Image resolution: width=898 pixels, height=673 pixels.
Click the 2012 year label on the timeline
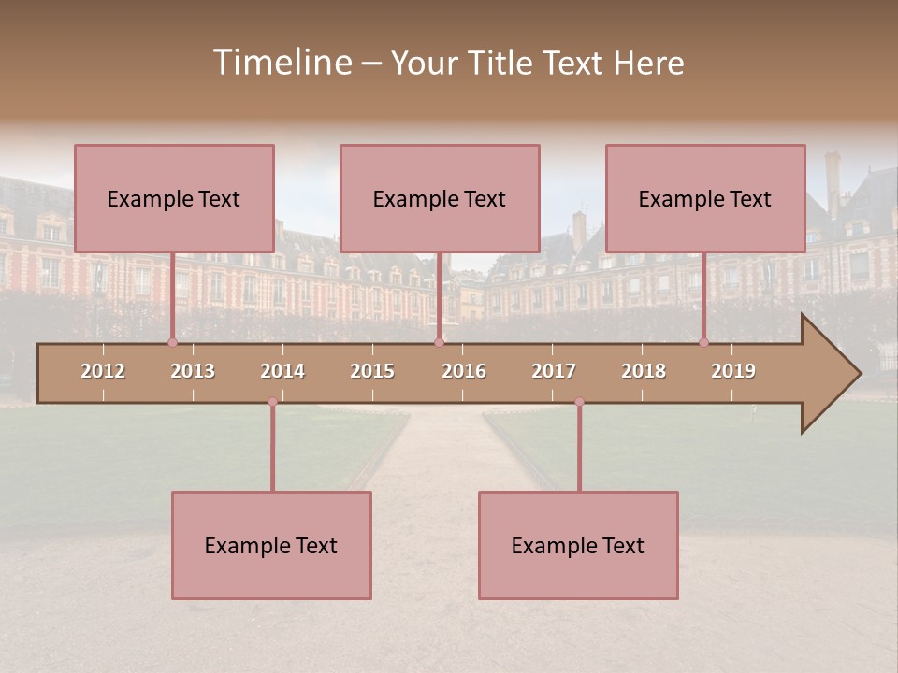(x=103, y=371)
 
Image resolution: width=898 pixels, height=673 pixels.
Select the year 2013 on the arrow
(x=193, y=371)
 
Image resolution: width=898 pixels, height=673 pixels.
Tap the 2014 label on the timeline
(x=282, y=371)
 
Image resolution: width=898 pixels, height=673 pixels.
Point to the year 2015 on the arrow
(x=372, y=371)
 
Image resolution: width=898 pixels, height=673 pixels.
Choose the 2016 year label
(x=464, y=371)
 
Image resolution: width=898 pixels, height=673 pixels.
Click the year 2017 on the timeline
(x=554, y=371)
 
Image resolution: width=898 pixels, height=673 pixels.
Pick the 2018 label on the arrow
(x=644, y=371)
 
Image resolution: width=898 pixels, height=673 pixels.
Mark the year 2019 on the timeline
(x=733, y=371)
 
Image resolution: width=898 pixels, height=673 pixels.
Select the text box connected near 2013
(x=174, y=198)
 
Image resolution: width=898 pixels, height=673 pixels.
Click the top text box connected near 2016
(x=440, y=198)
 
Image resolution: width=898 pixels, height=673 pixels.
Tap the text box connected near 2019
(x=705, y=198)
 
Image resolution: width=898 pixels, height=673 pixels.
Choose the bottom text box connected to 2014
(x=271, y=545)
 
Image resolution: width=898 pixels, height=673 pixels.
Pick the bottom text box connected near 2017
(x=578, y=545)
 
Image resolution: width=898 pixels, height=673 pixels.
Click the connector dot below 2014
(x=272, y=402)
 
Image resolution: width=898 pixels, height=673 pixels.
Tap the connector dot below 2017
(x=579, y=402)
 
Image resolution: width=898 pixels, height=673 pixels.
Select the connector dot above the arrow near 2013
(x=172, y=342)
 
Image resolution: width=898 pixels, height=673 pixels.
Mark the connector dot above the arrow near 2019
(x=704, y=342)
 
